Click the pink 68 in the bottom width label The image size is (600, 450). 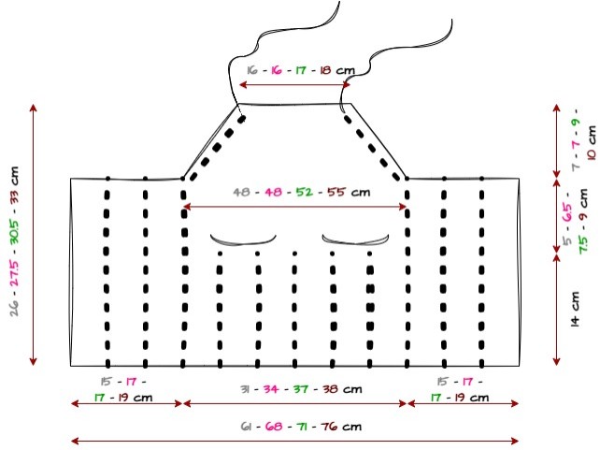pos(274,427)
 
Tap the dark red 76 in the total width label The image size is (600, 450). pos(329,427)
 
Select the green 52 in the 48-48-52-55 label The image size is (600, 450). pos(305,192)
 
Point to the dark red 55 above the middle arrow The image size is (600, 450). pos(336,192)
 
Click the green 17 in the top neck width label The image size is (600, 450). pos(301,70)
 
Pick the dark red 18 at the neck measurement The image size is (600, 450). pos(325,70)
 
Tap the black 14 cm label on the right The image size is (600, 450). pos(575,309)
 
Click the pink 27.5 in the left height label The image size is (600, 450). pos(15,274)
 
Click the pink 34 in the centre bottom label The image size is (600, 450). pos(270,389)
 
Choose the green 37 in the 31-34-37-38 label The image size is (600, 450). pos(301,389)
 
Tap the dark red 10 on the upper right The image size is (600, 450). pos(592,154)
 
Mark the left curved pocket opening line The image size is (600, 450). pos(243,241)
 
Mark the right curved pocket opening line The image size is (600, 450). pos(355,241)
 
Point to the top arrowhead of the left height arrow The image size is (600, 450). pos(34,108)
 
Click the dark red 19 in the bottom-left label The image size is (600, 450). pos(122,398)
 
